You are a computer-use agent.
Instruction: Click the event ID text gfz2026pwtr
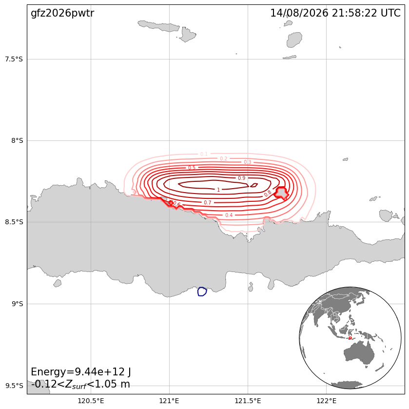[x=62, y=13]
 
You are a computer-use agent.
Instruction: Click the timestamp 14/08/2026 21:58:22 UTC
[x=335, y=13]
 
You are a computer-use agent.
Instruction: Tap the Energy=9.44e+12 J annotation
[x=81, y=371]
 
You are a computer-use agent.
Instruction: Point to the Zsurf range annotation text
[x=80, y=384]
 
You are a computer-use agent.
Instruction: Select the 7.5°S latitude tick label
[x=14, y=59]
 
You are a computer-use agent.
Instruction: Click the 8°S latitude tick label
[x=17, y=140]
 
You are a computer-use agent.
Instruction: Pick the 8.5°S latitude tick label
[x=14, y=222]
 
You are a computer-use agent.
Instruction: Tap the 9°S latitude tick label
[x=17, y=304]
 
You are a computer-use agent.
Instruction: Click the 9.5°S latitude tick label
[x=14, y=386]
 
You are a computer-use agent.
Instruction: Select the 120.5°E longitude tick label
[x=91, y=401]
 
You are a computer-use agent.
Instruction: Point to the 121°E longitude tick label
[x=169, y=401]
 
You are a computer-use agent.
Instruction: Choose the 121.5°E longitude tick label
[x=248, y=401]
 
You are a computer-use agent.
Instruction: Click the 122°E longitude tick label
[x=326, y=401]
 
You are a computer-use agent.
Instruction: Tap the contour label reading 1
[x=218, y=190]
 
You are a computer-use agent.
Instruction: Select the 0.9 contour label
[x=241, y=178]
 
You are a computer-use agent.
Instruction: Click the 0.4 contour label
[x=229, y=215]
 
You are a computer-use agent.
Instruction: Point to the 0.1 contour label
[x=204, y=154]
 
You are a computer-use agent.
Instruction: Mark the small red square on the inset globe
[x=350, y=338]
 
